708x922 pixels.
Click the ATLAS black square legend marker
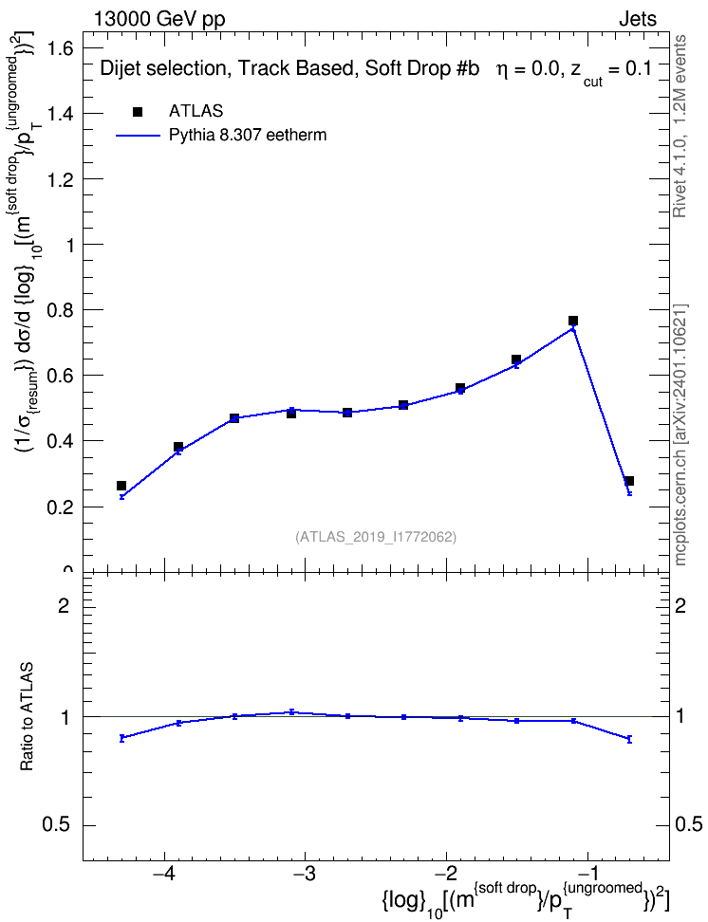[138, 112]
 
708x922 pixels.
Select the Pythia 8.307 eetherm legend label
[247, 136]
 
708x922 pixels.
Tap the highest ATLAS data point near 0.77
[572, 321]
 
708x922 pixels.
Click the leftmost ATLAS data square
[121, 486]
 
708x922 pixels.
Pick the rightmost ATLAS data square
[629, 481]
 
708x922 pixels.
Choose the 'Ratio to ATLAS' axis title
[27, 717]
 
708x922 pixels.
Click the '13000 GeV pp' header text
[159, 19]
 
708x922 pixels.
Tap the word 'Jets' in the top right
[638, 19]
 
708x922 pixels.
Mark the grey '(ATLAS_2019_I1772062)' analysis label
[376, 537]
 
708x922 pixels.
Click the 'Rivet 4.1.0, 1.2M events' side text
[680, 126]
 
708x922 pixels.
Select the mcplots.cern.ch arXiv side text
[680, 435]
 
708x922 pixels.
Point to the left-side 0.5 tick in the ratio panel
[57, 825]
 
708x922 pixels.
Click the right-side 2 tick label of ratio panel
[680, 605]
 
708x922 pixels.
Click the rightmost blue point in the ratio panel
[629, 739]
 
